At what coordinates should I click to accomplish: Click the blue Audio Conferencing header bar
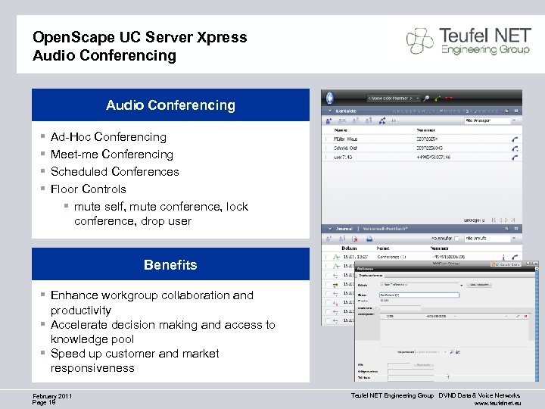tap(170, 105)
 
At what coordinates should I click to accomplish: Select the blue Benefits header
tap(170, 265)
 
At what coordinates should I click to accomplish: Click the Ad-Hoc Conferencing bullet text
tap(108, 137)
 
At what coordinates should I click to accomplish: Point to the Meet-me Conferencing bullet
tap(111, 155)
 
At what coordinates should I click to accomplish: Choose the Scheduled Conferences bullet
tap(114, 172)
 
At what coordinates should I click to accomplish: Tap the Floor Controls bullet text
tap(88, 189)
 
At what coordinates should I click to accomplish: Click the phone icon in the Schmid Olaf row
tap(515, 149)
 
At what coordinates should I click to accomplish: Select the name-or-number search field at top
tap(392, 98)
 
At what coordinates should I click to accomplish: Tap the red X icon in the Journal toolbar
tap(355, 238)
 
